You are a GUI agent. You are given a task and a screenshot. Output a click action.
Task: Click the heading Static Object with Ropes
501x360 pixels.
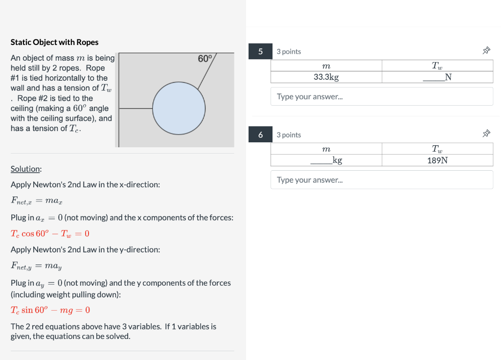click(54, 42)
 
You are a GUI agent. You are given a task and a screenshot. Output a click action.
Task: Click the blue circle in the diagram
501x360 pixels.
click(179, 108)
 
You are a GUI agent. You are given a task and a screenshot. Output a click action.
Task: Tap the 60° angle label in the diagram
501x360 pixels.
click(205, 59)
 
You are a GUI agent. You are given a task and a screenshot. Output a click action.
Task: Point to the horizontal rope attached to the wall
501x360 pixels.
click(136, 108)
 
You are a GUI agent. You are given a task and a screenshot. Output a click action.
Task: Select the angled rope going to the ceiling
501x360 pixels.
click(207, 71)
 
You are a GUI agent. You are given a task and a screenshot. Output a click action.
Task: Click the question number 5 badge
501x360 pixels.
click(260, 51)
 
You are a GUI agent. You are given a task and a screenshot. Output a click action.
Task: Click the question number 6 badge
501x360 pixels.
click(260, 135)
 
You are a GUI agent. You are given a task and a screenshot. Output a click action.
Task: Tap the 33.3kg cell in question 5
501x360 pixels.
click(326, 77)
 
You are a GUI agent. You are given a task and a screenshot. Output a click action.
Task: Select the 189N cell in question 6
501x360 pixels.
click(437, 160)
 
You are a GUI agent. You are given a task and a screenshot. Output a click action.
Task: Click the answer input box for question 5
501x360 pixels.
click(382, 96)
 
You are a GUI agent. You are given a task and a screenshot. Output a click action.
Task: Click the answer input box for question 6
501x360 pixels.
click(382, 180)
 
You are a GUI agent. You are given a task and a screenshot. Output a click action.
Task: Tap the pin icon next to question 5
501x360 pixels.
click(486, 50)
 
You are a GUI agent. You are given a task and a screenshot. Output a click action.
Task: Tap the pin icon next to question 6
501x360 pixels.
click(486, 134)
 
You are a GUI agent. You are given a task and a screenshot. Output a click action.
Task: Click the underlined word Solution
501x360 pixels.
click(25, 169)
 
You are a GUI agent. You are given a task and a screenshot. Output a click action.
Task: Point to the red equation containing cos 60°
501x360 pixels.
click(50, 233)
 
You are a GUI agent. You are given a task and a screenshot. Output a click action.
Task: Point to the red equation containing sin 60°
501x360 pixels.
click(50, 310)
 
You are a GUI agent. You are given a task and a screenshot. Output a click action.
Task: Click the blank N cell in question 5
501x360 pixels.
click(437, 77)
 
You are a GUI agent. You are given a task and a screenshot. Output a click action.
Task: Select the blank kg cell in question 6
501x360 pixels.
click(326, 160)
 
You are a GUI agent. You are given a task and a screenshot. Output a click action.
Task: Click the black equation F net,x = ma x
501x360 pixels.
click(36, 201)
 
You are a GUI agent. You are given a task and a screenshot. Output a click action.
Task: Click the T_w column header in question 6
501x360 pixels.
click(437, 149)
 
